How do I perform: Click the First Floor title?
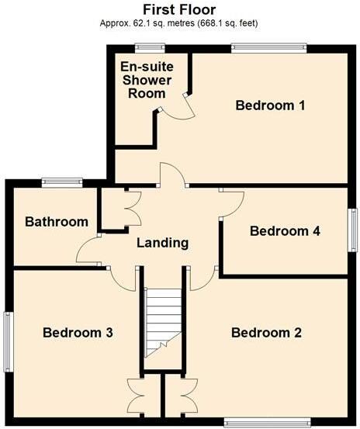pyautogui.click(x=179, y=9)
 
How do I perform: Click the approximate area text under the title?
pyautogui.click(x=179, y=23)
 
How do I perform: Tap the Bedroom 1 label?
pyautogui.click(x=270, y=106)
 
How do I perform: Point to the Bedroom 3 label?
pyautogui.click(x=78, y=333)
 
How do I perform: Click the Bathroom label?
pyautogui.click(x=56, y=223)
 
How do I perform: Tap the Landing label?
pyautogui.click(x=162, y=243)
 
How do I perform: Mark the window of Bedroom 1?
pyautogui.click(x=268, y=48)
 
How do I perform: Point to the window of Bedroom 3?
pyautogui.click(x=9, y=341)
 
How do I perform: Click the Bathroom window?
pyautogui.click(x=62, y=182)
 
